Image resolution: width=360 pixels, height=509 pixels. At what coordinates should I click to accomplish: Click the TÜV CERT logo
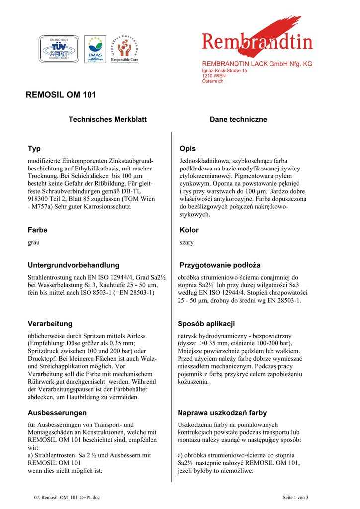click(x=59, y=49)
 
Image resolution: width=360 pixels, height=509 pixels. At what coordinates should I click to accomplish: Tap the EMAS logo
click(x=94, y=49)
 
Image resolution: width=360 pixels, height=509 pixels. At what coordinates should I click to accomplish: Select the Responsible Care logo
click(x=124, y=49)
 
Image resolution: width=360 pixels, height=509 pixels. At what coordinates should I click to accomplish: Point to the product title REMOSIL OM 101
click(x=61, y=95)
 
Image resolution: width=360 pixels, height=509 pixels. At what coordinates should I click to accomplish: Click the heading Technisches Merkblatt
click(x=107, y=120)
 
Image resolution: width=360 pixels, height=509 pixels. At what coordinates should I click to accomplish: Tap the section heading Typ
click(x=34, y=149)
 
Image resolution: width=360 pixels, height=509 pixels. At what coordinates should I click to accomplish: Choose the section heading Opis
click(x=187, y=149)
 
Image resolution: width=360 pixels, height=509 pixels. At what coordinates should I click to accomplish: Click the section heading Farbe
click(x=38, y=230)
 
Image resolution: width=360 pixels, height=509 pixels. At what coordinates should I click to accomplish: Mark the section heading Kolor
click(x=189, y=230)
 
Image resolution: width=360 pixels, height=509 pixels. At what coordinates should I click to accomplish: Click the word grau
click(x=34, y=243)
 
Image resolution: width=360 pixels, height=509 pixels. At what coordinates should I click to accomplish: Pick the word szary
click(x=186, y=243)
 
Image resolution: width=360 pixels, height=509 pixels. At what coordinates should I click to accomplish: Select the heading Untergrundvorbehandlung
click(x=74, y=265)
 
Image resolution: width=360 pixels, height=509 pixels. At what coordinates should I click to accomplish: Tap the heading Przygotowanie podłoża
click(x=220, y=265)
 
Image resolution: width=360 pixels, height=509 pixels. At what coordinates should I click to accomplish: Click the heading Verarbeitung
click(x=50, y=324)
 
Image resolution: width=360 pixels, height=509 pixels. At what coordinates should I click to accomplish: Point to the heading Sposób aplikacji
click(x=206, y=324)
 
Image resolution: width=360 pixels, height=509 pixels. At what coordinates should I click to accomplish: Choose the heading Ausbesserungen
click(x=57, y=413)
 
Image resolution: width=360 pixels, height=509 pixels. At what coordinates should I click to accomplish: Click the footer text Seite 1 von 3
click(x=295, y=497)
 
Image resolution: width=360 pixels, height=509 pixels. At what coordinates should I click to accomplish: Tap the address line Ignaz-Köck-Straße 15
click(x=224, y=71)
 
